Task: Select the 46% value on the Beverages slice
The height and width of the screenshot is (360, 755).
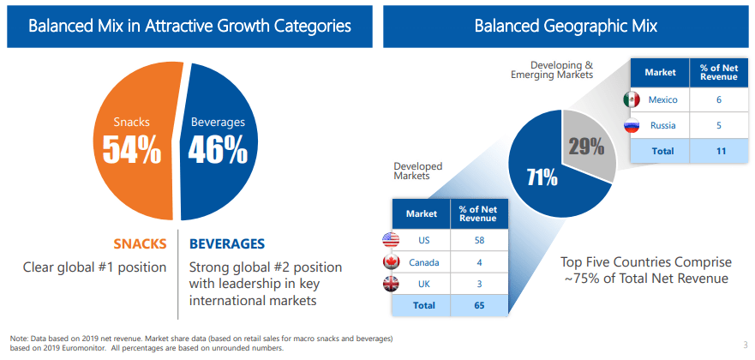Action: (x=218, y=150)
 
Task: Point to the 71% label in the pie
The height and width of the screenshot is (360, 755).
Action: (x=542, y=178)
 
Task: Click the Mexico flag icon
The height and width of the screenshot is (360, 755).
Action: (x=632, y=99)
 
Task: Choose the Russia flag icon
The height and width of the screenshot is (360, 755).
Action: (x=632, y=126)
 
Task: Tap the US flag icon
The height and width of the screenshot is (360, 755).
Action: (x=391, y=240)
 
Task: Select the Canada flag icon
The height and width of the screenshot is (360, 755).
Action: (x=391, y=262)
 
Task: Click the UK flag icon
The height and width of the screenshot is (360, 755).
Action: (x=391, y=284)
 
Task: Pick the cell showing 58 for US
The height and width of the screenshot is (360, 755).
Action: (x=478, y=240)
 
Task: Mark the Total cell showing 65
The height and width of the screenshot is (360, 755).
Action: (x=478, y=305)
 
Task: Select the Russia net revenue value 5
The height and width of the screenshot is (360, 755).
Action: (x=718, y=126)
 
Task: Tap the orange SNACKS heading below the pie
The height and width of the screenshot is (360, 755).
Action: (x=141, y=243)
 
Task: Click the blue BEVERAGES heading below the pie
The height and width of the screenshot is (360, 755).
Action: (x=227, y=243)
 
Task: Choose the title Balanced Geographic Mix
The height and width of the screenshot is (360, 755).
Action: (x=566, y=26)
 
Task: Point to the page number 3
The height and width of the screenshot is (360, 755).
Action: (x=745, y=345)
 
